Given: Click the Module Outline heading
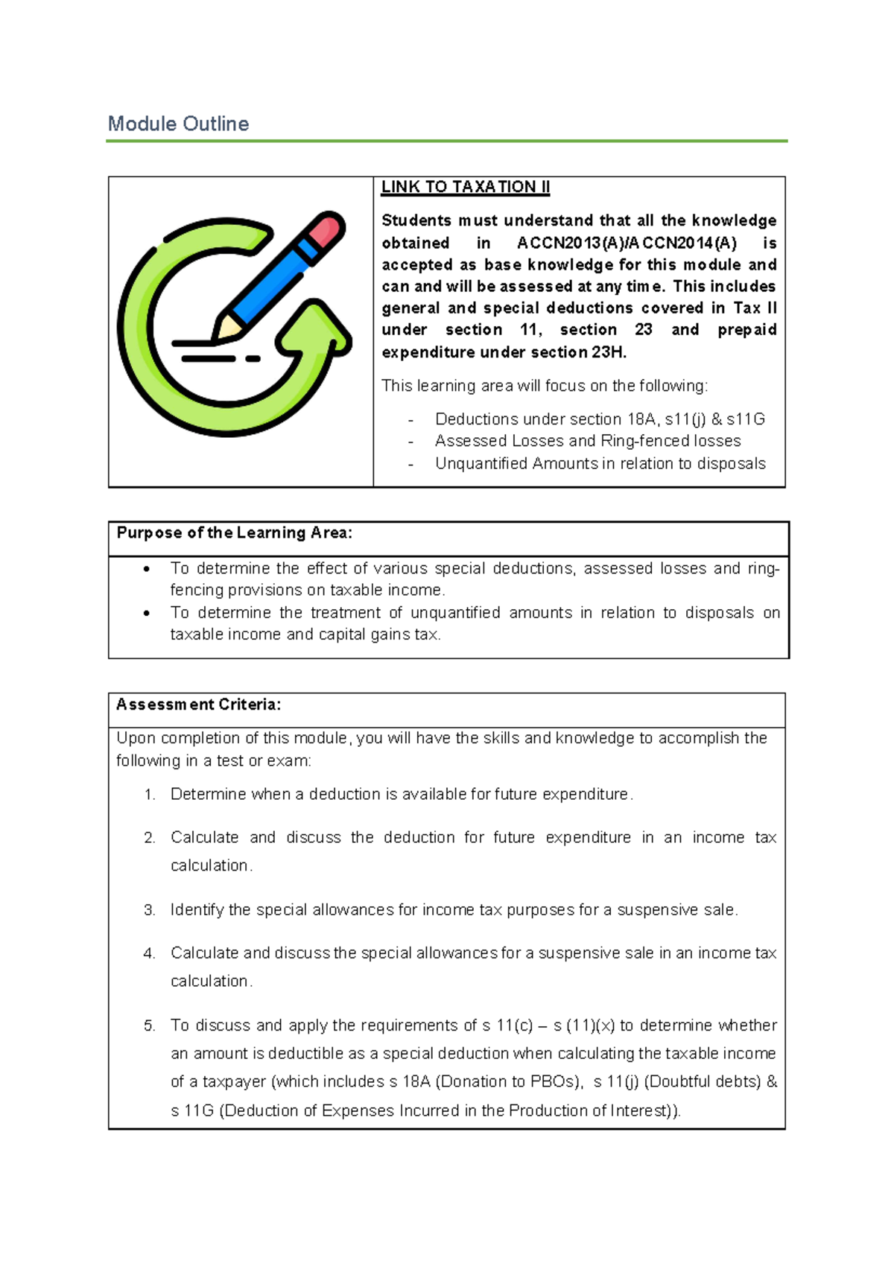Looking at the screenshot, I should pos(178,124).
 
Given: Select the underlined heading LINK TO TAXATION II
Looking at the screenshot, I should pos(465,187).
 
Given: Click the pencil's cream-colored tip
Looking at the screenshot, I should pos(228,327).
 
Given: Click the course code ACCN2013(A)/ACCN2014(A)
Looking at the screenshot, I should pos(626,243).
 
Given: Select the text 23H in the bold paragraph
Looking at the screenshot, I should pos(609,352).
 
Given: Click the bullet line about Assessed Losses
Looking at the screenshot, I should pos(587,441).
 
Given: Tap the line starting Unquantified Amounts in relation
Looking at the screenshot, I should pos(600,463).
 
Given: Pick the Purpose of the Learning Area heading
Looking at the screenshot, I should pos(234,533).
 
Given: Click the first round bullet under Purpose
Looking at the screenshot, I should pos(147,570).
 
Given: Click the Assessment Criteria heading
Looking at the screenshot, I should pos(198,704).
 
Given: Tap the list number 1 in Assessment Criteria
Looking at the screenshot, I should pos(149,795).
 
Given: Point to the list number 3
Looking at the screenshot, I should pos(149,910).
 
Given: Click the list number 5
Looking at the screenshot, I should pos(149,1025).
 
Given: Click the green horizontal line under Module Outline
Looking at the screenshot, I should pos(446,141).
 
